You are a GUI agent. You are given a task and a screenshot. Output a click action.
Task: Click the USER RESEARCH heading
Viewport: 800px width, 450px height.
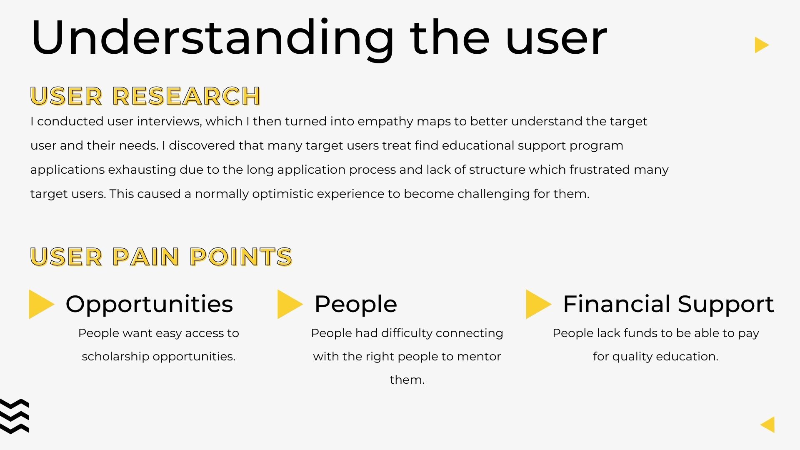point(145,96)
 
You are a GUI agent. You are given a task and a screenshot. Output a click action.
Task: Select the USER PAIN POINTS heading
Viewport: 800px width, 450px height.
point(161,256)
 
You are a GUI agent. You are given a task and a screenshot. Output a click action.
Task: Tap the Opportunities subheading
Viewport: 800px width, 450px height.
point(149,305)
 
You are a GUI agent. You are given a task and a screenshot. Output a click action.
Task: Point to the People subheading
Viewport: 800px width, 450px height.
point(356,305)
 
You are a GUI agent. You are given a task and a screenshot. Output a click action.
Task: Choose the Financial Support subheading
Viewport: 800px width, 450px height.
point(668,305)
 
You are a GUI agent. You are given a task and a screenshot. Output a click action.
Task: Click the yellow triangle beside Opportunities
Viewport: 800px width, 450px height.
point(41,304)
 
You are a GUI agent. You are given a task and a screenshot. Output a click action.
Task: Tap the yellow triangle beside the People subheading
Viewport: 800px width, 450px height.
point(290,304)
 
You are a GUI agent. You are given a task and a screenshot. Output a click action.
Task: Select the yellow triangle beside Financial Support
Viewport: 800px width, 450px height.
point(539,304)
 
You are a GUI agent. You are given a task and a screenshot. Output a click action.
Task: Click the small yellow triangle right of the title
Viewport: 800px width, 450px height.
point(761,45)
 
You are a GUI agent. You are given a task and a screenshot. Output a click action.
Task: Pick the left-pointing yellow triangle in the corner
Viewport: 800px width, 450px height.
point(768,425)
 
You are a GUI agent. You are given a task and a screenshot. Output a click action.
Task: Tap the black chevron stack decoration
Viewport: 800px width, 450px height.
point(15,416)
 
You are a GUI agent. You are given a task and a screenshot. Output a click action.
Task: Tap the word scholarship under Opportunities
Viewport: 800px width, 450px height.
point(115,357)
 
